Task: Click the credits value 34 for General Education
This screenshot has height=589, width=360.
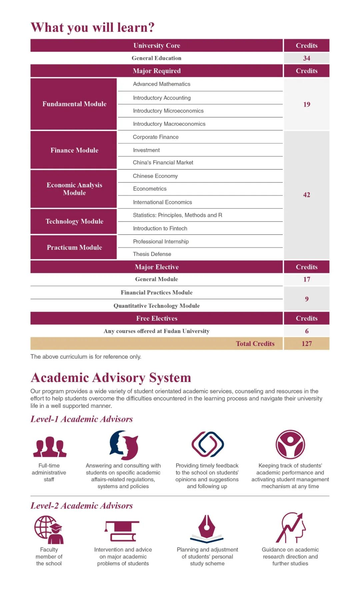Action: tap(306, 58)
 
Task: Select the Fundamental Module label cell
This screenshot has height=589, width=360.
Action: tap(74, 104)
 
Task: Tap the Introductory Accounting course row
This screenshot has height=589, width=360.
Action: tap(162, 98)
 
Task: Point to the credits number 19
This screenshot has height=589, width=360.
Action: tap(306, 104)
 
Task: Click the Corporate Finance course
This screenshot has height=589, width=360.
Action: tap(156, 137)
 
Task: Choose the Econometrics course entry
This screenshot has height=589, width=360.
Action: tap(150, 189)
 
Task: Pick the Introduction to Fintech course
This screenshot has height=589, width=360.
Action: tap(160, 228)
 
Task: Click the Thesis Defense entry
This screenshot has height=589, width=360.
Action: tap(152, 254)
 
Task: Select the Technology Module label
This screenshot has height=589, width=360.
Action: tap(74, 221)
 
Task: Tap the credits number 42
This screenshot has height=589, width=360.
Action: tap(306, 195)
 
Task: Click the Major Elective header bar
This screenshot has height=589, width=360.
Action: tap(157, 267)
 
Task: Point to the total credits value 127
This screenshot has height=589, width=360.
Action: tap(306, 344)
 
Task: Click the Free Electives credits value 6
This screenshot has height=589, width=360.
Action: tap(306, 331)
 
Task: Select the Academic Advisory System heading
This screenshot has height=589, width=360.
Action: tap(111, 378)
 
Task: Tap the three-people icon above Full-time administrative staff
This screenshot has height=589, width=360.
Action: tap(50, 447)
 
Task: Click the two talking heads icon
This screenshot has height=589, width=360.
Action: tap(124, 445)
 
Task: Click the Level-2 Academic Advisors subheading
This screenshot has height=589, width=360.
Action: tap(82, 506)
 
